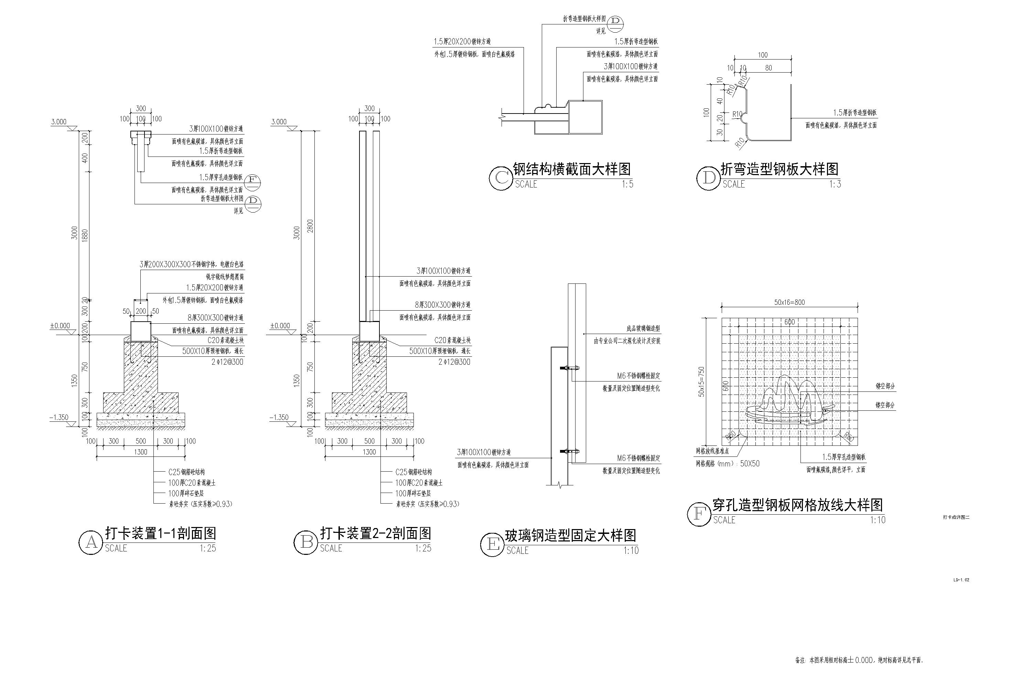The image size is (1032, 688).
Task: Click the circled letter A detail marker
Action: coord(91,543)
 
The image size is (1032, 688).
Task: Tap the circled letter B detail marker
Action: coord(306,543)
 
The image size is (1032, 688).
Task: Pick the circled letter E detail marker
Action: coord(492,545)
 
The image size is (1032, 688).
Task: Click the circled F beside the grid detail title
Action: coord(699,514)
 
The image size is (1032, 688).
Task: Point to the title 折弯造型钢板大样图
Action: coord(779,169)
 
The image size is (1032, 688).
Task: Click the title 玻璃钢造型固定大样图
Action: coord(570,535)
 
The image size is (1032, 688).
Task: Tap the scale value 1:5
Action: coord(627,184)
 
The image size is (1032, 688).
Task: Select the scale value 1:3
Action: coord(835,184)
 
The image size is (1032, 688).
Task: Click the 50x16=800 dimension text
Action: coord(789,302)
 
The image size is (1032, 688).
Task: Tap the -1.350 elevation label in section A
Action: coord(59,417)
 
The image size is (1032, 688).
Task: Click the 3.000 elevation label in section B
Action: coord(279,121)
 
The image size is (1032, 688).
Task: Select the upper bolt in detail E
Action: coord(570,368)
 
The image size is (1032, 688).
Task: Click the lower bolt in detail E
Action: coord(570,451)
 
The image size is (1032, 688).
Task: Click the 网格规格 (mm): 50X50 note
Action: coord(728,463)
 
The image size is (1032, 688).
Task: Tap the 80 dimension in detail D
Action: coord(768,68)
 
